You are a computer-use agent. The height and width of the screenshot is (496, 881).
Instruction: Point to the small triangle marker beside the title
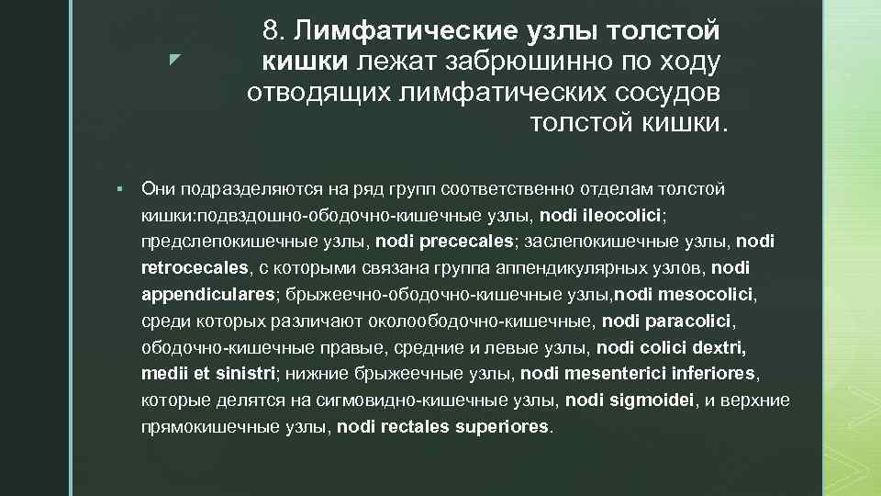pyautogui.click(x=173, y=62)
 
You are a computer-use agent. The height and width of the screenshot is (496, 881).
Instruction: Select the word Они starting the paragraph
pyautogui.click(x=159, y=189)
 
